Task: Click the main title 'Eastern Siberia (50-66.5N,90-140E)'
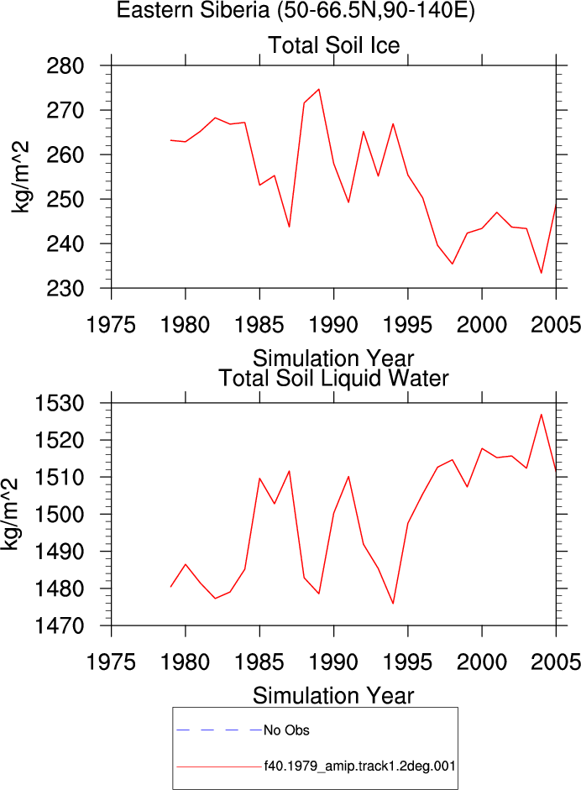point(296,10)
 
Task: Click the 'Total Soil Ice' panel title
point(333,45)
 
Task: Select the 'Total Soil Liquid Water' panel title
point(333,379)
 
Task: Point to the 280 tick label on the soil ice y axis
point(65,66)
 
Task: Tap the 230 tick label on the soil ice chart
point(65,289)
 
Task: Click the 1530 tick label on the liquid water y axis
point(59,404)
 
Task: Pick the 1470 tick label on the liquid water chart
point(59,626)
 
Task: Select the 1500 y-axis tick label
point(59,515)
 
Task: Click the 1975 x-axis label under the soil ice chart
point(111,325)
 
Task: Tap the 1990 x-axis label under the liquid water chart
point(333,662)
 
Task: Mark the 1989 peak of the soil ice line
point(318,89)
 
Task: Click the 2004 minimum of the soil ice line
point(542,273)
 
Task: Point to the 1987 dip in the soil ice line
point(289,227)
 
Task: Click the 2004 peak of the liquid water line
point(542,415)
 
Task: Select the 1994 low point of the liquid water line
point(393,603)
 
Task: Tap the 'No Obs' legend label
point(286,730)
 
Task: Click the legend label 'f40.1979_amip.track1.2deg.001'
point(360,766)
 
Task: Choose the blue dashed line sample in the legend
point(219,730)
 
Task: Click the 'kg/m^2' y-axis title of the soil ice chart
point(20,177)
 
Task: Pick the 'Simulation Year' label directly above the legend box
point(333,696)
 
